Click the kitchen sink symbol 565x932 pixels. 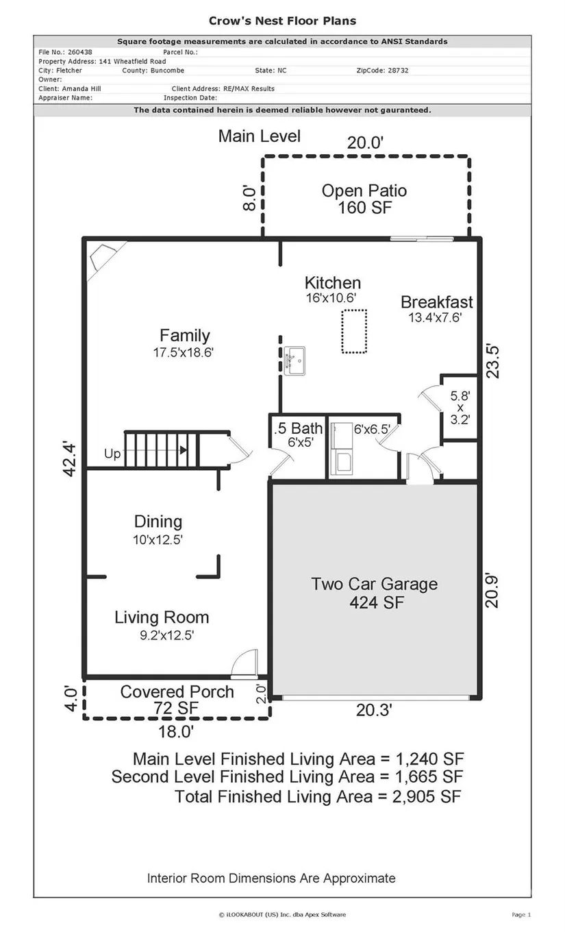(x=294, y=360)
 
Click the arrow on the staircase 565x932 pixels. (x=183, y=450)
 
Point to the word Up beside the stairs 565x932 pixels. (x=112, y=454)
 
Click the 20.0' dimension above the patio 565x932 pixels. (x=365, y=143)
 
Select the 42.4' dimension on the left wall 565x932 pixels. (x=69, y=459)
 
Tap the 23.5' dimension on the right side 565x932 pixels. (x=492, y=361)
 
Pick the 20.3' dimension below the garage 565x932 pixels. (x=374, y=710)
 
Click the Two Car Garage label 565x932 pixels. (x=374, y=584)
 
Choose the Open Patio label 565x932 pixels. (x=364, y=191)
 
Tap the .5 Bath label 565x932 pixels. (x=299, y=428)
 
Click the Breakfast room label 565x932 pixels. (x=436, y=302)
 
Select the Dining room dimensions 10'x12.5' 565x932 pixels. (x=158, y=539)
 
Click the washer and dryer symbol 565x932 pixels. (x=342, y=449)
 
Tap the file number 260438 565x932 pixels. (x=80, y=52)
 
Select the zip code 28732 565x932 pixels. (x=398, y=71)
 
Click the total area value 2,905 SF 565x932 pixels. (x=427, y=797)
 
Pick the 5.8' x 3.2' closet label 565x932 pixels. (x=460, y=407)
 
